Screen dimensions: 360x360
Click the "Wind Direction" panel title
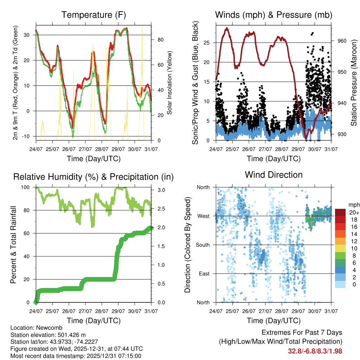point(274,174)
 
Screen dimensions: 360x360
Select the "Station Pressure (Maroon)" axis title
point(354,83)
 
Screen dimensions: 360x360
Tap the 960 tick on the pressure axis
point(342,41)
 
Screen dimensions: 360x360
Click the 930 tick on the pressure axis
point(342,134)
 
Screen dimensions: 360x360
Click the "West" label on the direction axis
point(203,216)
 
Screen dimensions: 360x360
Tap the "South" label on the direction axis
point(202,245)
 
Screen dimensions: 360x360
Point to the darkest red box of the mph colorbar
point(341,212)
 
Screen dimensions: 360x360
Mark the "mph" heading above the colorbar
point(354,205)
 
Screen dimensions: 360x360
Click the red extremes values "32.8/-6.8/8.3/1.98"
point(315,351)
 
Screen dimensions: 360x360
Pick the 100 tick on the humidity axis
point(25,187)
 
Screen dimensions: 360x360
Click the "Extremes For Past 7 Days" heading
point(302,333)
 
